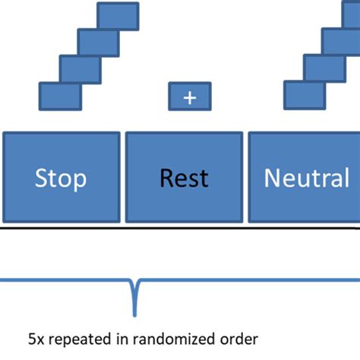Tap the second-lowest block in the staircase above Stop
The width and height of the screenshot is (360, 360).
tap(80, 68)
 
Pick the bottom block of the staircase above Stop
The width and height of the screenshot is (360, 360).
tap(60, 96)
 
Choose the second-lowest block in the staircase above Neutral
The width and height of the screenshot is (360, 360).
tap(324, 68)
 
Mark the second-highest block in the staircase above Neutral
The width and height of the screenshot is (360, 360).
tap(341, 41)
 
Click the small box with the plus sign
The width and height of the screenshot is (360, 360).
tap(189, 96)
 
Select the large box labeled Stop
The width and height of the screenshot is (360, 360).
tap(61, 177)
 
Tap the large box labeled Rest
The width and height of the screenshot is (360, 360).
tap(184, 177)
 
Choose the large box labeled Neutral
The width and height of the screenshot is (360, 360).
tap(305, 177)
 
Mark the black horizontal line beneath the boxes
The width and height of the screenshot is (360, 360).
tap(180, 228)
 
